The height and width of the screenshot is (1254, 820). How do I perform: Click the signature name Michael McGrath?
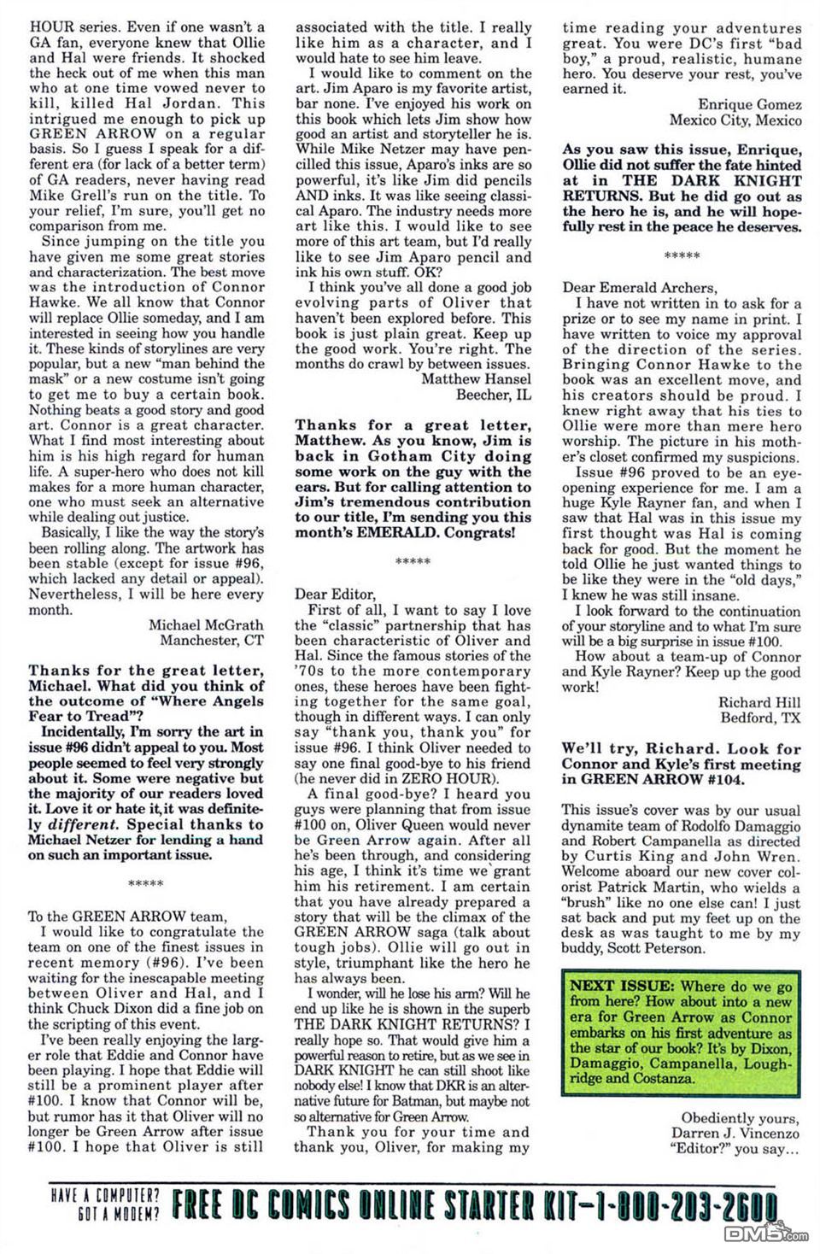pos(206,624)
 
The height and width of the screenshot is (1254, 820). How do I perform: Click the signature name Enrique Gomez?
pos(750,104)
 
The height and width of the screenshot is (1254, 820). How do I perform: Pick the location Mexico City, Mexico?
pos(735,120)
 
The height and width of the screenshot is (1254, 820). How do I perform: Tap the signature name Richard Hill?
pos(759,701)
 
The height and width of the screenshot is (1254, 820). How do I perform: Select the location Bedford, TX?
pos(760,717)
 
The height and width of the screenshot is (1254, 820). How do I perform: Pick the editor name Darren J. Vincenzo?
pos(740,1133)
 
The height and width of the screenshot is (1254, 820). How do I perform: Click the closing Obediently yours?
pos(741,1117)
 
